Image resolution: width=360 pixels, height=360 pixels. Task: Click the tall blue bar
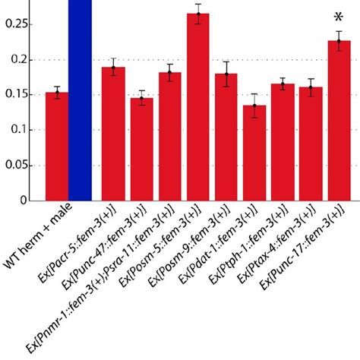80,99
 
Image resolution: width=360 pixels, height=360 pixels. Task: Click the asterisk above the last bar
338,18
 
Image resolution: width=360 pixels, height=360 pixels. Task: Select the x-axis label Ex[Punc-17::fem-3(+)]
304,251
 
